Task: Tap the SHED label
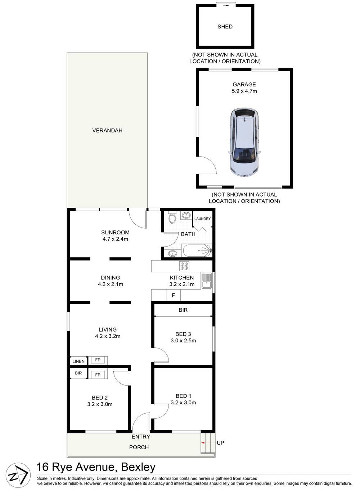click(225, 27)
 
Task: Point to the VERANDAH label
click(107, 130)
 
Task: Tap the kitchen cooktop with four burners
click(184, 266)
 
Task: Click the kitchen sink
click(207, 281)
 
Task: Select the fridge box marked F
click(173, 295)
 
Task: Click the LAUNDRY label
click(202, 219)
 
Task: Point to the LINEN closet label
click(78, 361)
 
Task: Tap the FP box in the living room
click(98, 360)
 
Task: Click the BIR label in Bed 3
click(183, 310)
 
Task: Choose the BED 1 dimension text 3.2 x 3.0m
click(183, 402)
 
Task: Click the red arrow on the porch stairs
click(203, 442)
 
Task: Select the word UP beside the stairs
click(220, 443)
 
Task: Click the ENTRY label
click(141, 437)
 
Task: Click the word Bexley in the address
click(138, 467)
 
